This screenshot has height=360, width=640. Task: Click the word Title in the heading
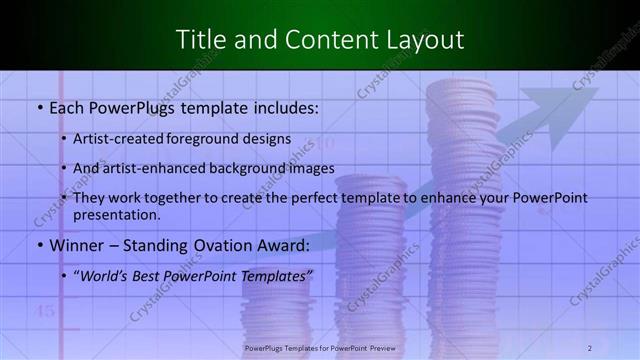point(200,40)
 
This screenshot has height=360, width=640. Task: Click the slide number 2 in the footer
point(590,348)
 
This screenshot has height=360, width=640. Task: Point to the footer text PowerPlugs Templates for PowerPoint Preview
point(320,348)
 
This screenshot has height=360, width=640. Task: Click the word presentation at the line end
point(116,214)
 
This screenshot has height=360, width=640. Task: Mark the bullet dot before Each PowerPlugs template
point(38,104)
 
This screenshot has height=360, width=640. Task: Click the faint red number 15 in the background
point(45,311)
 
